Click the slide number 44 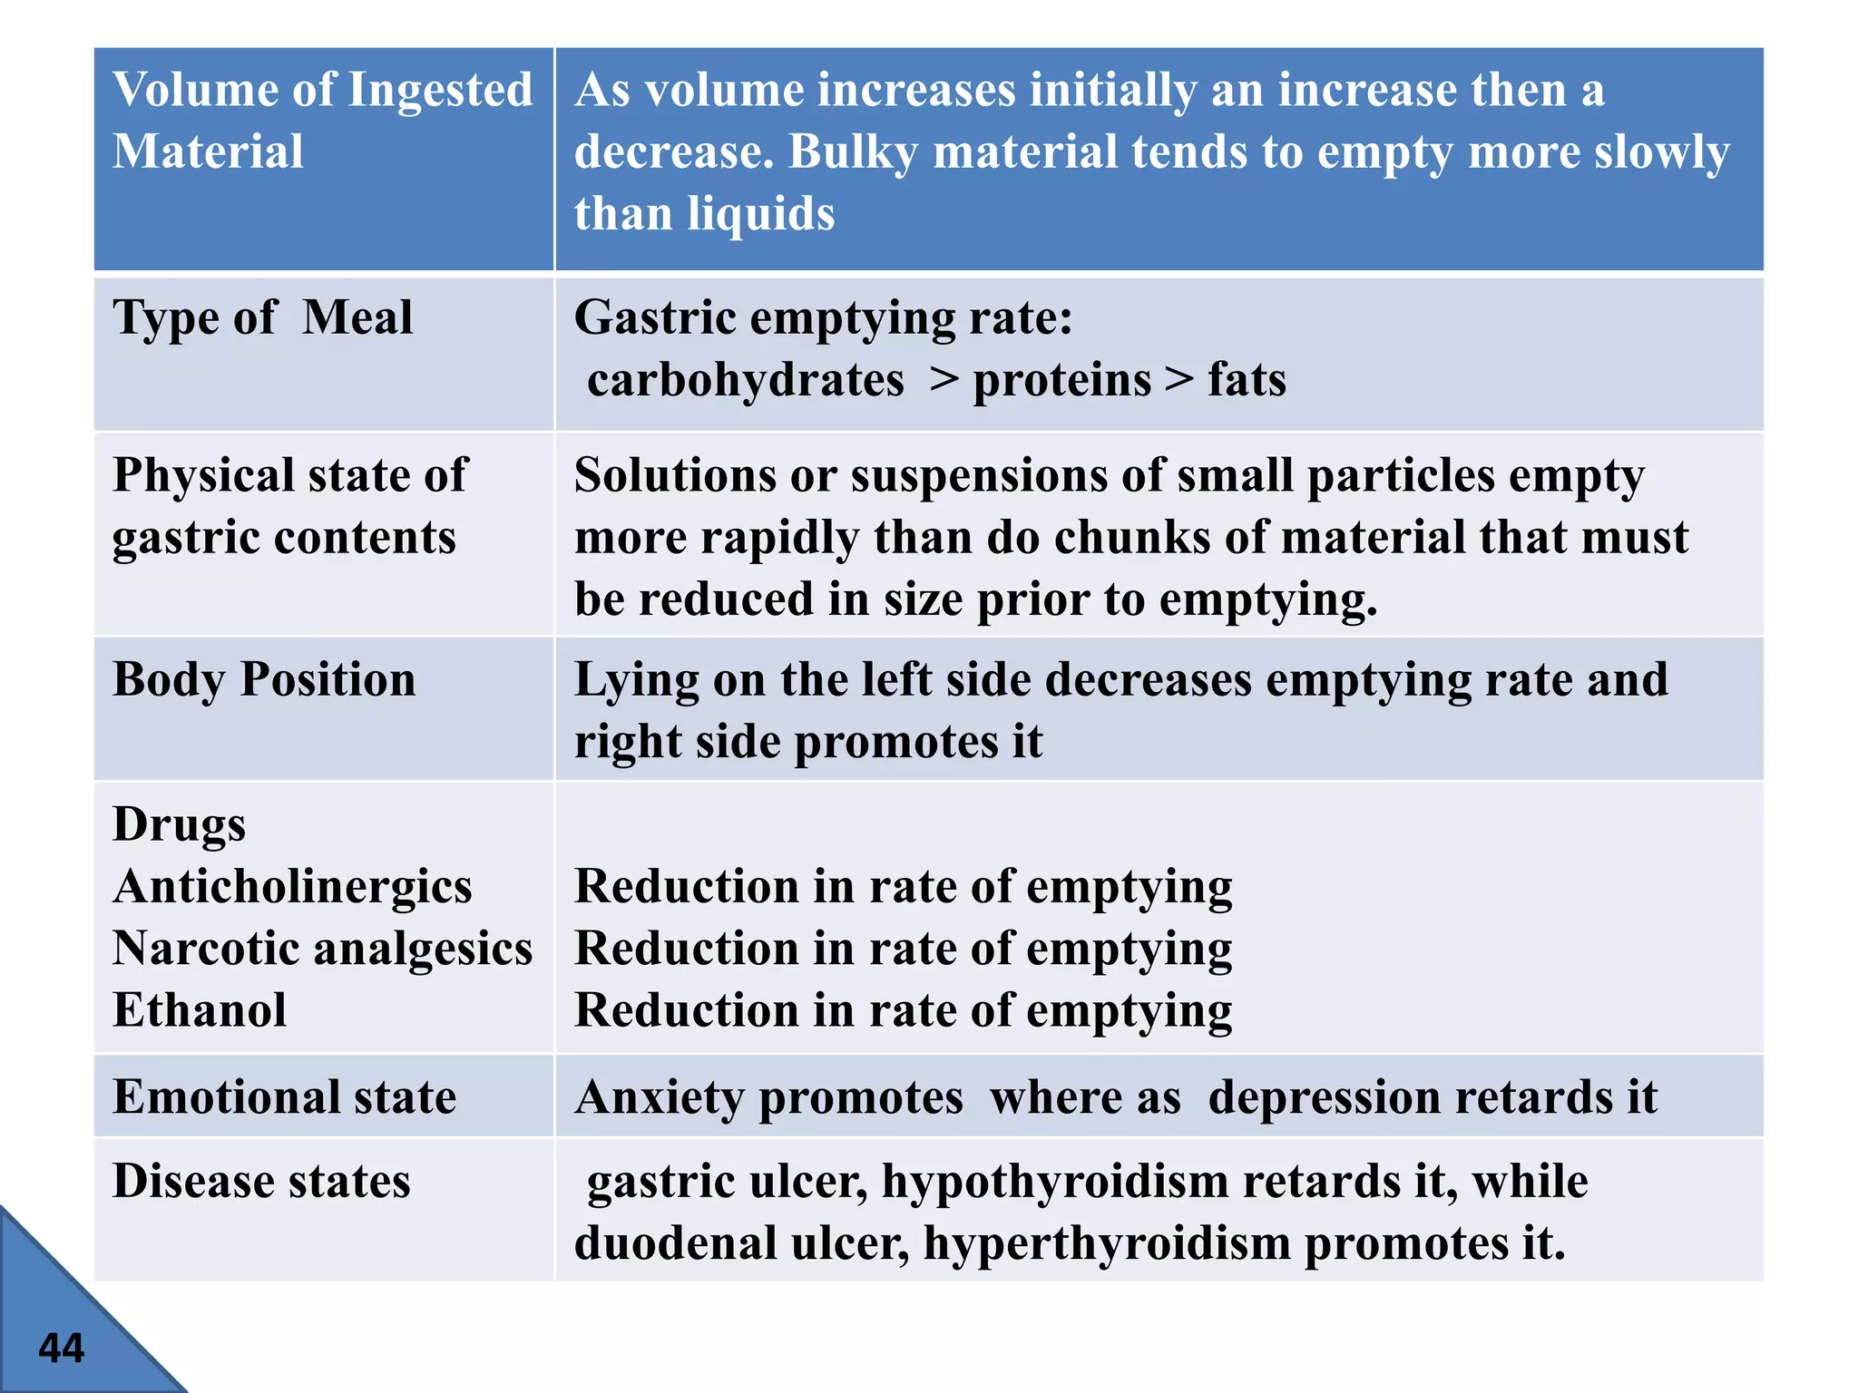[61, 1348]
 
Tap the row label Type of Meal [262, 318]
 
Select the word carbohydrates [745, 380]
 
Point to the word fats [1246, 380]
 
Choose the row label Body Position [264, 679]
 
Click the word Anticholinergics [292, 886]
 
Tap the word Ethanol [200, 1010]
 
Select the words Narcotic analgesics [322, 949]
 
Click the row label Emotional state [284, 1096]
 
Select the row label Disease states [261, 1181]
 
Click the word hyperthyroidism [1107, 1243]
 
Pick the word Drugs [179, 825]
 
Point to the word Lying [636, 681]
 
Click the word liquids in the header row [760, 215]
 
